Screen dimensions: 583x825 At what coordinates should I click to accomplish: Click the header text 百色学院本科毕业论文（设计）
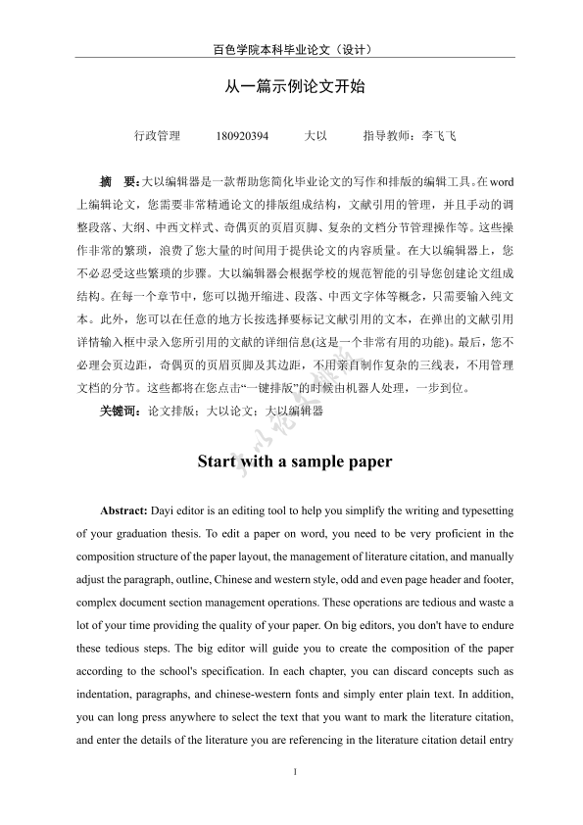(x=291, y=49)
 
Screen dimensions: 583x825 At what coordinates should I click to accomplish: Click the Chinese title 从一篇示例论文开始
(x=291, y=86)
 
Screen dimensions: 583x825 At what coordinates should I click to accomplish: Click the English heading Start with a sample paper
(x=294, y=461)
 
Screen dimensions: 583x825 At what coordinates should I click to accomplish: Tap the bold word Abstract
(x=122, y=511)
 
